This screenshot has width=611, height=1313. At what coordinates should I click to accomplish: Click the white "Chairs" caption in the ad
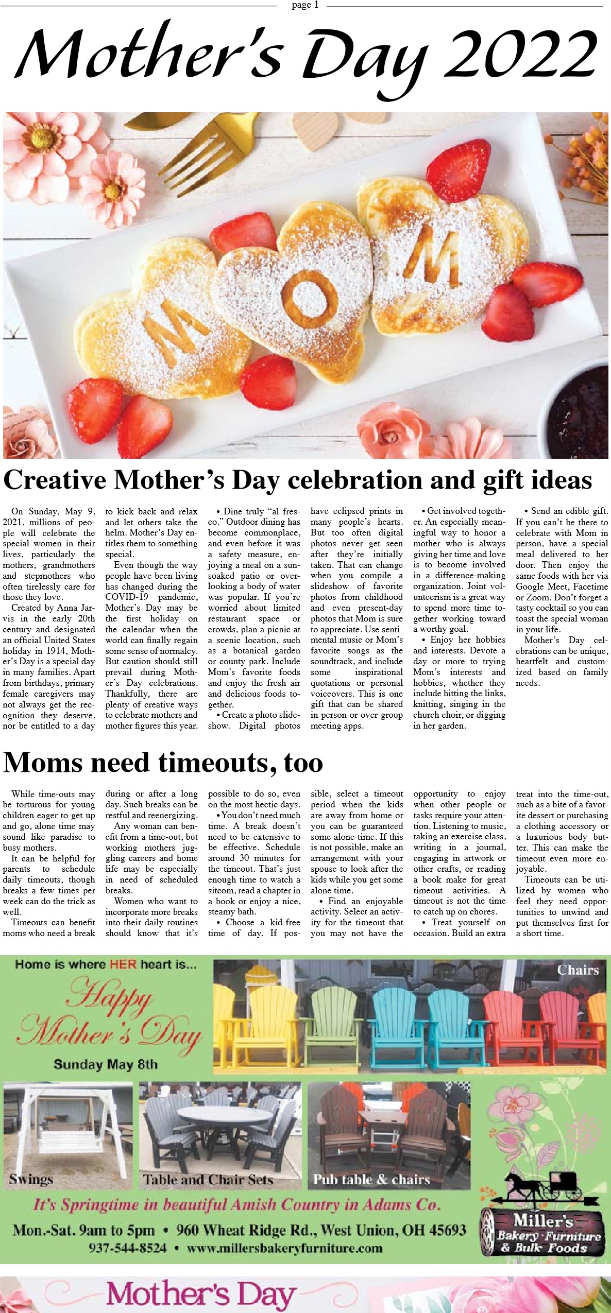coord(578,971)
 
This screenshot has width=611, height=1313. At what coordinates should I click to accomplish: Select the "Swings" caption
coord(31,1179)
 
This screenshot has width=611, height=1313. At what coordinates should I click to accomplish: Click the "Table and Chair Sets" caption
coord(208,1180)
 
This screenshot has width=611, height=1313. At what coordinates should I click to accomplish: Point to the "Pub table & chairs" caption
coord(371,1179)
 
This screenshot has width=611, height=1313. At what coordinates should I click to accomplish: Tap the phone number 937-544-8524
coord(128,1248)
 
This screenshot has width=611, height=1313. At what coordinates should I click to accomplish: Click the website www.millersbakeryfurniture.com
coord(284,1248)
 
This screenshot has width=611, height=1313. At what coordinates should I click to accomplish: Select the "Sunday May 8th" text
coord(106,1064)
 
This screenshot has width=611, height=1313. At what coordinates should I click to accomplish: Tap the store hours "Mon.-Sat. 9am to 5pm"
coord(83,1230)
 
